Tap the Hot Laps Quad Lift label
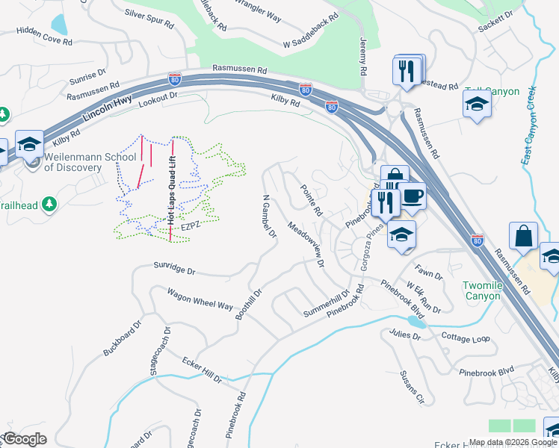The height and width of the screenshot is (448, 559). coord(171,190)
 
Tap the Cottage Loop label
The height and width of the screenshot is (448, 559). coord(466,338)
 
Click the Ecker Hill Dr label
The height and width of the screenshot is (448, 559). coord(203,370)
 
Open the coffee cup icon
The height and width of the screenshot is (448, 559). coord(411,196)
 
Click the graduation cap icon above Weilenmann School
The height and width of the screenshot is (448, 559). coord(29,143)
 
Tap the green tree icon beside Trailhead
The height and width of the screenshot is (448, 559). coord(49,205)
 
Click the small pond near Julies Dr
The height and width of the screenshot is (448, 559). coord(416,323)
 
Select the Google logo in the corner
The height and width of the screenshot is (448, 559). coord(25,439)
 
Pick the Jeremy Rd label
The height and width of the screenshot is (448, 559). coord(364,56)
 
